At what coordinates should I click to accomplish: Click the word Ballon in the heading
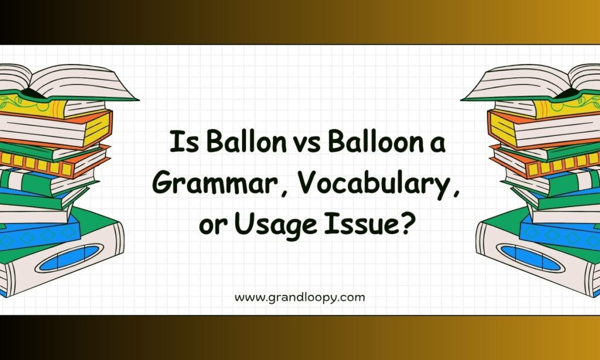coord(246,141)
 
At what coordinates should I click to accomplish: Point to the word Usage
coord(275,226)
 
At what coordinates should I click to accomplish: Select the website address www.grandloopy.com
coord(299,298)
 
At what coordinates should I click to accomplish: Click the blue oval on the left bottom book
coord(69,258)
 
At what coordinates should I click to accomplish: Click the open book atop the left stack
coord(69,82)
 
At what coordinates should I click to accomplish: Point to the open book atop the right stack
coord(531,82)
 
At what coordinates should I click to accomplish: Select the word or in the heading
coord(211,226)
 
